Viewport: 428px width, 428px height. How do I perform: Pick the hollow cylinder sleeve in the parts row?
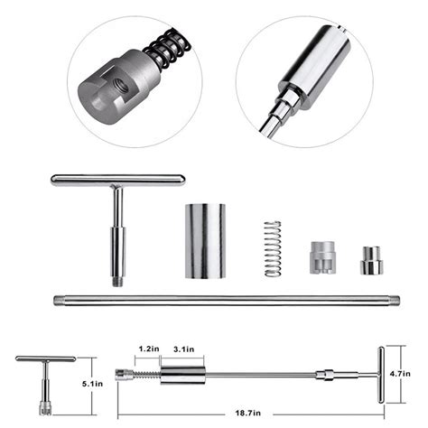pos(206,241)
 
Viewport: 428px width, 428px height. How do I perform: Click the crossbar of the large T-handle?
pos(117,181)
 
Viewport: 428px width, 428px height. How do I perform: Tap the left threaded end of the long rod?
pos(60,299)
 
